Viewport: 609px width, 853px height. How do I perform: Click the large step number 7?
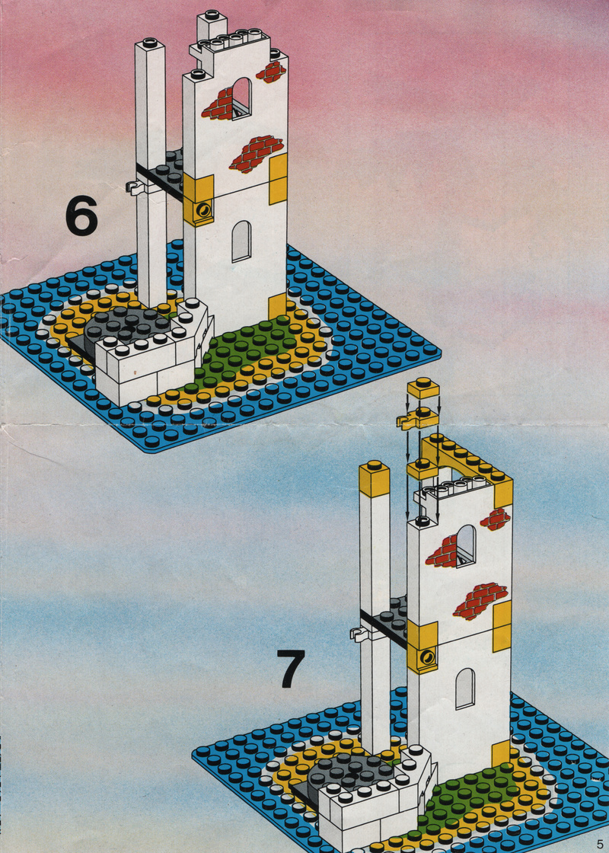click(x=292, y=668)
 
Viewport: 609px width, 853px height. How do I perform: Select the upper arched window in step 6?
click(x=241, y=98)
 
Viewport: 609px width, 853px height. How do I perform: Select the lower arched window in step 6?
click(x=241, y=241)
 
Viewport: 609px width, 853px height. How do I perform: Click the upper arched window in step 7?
click(x=466, y=546)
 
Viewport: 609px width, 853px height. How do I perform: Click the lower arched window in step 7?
click(x=465, y=688)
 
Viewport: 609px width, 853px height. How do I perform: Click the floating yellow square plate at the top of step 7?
click(x=423, y=388)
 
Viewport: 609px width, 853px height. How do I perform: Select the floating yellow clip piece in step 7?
click(x=417, y=418)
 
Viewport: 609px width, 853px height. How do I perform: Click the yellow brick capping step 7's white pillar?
click(x=374, y=478)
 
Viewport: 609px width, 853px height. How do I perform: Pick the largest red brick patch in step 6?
click(x=257, y=152)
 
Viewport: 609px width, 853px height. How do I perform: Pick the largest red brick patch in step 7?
click(x=480, y=601)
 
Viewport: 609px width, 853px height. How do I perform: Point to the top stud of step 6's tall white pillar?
click(x=149, y=43)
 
